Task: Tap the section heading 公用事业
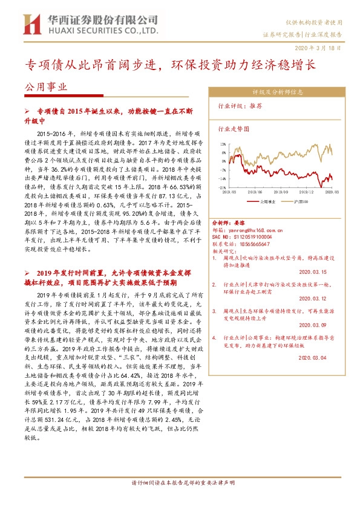[x=44, y=86]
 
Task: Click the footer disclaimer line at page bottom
[x=180, y=500]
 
